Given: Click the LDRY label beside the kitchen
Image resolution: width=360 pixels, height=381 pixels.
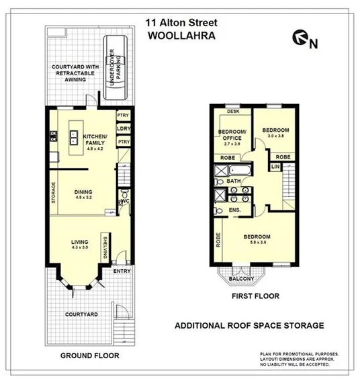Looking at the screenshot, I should [123, 128].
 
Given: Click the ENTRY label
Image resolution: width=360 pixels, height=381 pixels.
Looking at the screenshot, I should [122, 271].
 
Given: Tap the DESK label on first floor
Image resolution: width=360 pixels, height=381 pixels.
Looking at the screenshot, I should [232, 112].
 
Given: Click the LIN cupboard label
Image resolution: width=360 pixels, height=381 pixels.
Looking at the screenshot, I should [275, 166].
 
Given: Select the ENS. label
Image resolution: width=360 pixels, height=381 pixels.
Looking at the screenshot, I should [235, 211].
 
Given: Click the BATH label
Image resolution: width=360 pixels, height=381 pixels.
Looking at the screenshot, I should [234, 181].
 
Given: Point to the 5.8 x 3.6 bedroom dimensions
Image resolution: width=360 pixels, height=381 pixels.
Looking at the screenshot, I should [257, 244].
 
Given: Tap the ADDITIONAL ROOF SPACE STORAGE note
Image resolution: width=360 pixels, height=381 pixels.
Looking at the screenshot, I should [249, 325].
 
